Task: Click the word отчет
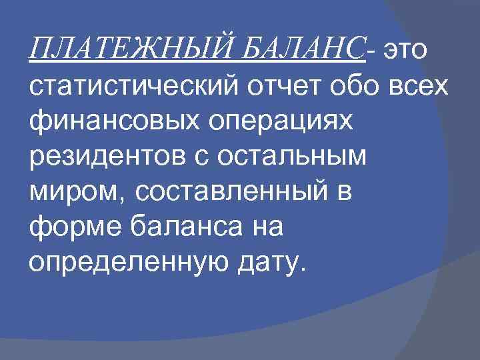click(274, 87)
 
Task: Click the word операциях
click(257, 123)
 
